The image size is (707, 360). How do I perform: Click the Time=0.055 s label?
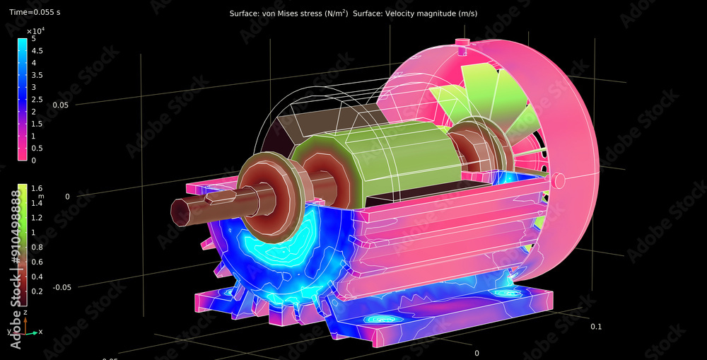coord(35,13)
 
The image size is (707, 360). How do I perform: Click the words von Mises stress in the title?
coord(292,14)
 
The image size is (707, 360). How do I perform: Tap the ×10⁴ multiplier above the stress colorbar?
coord(35,31)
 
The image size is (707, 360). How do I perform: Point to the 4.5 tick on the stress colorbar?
coord(37,51)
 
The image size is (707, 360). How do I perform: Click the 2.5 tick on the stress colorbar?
coord(37,99)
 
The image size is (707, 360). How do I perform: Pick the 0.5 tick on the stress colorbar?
coord(37,148)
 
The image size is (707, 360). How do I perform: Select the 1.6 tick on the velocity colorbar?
coord(37,188)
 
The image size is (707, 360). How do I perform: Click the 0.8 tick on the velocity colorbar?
coord(37,247)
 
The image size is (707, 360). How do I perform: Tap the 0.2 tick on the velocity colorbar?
coord(37,291)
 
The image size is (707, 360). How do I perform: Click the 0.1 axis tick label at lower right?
coord(596,326)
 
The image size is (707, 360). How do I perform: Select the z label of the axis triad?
coord(25,312)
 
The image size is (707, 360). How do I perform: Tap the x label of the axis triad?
coord(40,331)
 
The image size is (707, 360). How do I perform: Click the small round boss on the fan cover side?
coord(559,180)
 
